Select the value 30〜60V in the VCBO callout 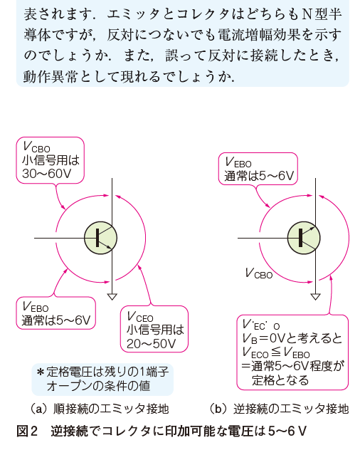pyautogui.click(x=46, y=173)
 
